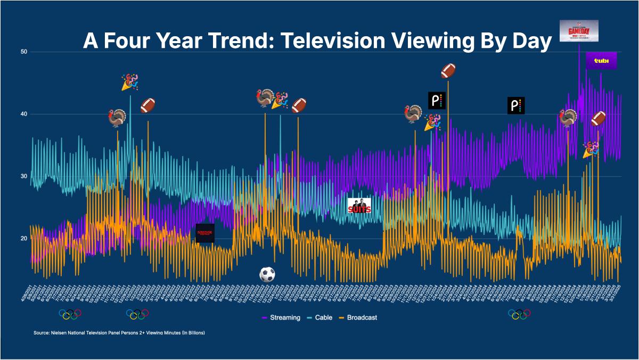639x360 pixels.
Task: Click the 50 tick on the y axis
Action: (x=24, y=52)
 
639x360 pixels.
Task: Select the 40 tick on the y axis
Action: (x=24, y=114)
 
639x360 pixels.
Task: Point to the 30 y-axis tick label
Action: (x=24, y=176)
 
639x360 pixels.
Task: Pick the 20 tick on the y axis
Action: (x=24, y=238)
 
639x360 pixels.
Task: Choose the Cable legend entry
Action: (x=323, y=317)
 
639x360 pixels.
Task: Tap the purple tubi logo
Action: (x=601, y=61)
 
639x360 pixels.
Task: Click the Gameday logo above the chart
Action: (x=579, y=30)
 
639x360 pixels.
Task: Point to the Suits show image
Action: (x=359, y=206)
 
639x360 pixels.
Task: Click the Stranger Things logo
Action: (x=205, y=233)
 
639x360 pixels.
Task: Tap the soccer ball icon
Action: (x=267, y=275)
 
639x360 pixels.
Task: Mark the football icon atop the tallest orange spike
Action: (x=448, y=70)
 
